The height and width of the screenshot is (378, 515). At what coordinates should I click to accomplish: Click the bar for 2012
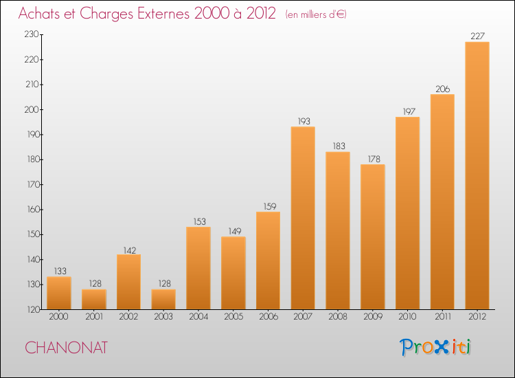coord(477,175)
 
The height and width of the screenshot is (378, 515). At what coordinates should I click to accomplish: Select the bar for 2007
coord(303,218)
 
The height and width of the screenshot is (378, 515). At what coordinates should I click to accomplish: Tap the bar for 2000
coord(59,293)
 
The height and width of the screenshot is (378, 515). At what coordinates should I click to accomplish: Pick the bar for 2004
coord(198,268)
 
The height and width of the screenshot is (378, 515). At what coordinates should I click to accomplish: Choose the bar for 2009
coord(373,236)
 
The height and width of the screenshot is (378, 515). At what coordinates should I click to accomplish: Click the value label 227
coord(477,36)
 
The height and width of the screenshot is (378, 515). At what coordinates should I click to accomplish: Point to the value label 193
coord(303,121)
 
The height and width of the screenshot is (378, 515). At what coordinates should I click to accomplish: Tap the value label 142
coord(128,249)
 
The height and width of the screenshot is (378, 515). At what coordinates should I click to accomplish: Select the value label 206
coord(442,89)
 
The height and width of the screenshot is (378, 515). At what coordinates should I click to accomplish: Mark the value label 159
coord(268,206)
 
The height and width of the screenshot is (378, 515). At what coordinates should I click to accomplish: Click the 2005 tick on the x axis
coord(233,317)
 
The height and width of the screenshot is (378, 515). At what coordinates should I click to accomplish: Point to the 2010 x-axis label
coord(407,317)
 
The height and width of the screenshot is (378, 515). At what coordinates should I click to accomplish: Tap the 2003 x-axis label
coord(163,317)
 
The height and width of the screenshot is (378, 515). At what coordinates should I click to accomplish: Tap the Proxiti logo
coord(435,347)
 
